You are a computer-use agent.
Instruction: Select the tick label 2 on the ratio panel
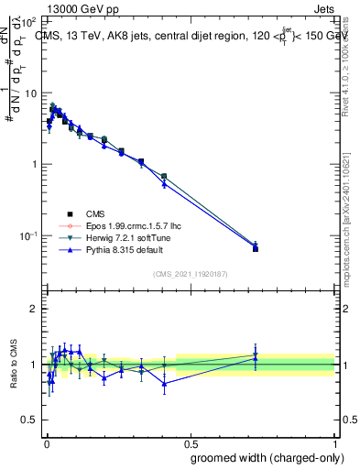(34, 309)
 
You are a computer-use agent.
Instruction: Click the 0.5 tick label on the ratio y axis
(30, 420)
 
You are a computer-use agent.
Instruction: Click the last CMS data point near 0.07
(256, 248)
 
